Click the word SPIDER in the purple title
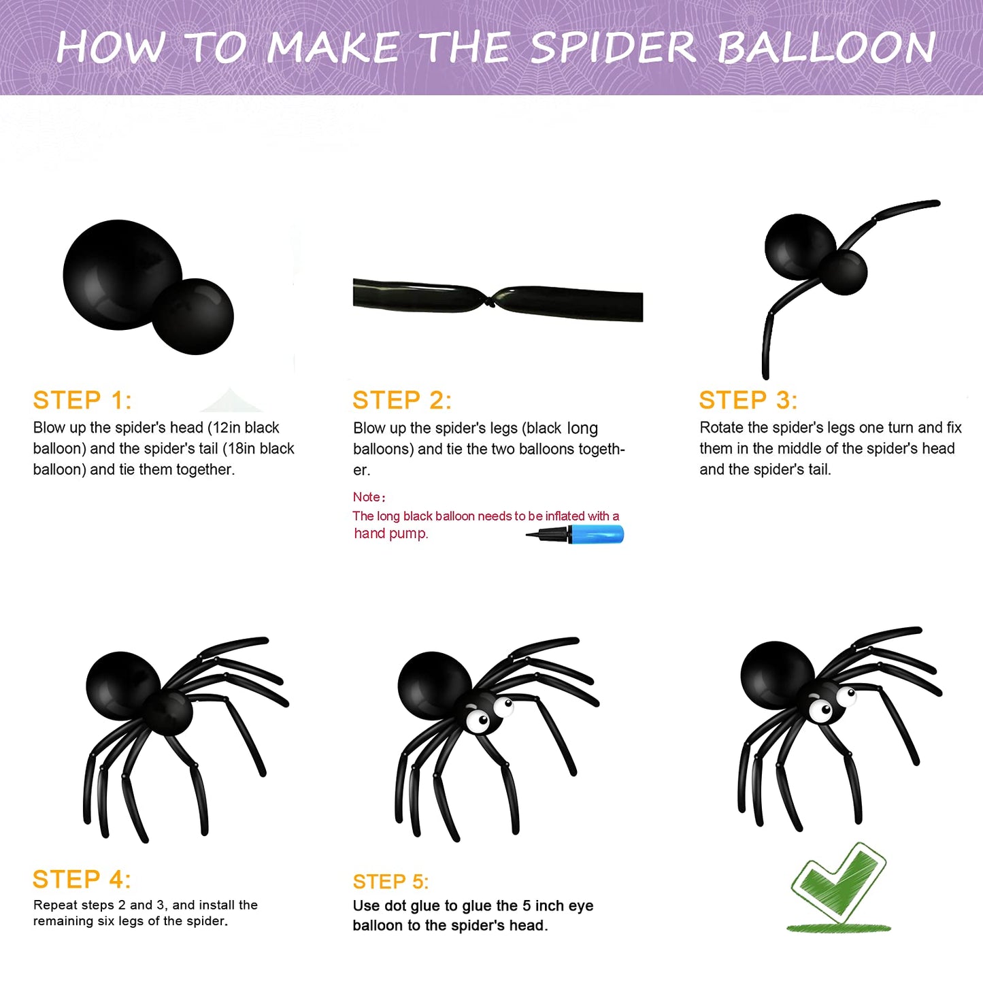pyautogui.click(x=614, y=48)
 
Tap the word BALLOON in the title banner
pyautogui.click(x=826, y=48)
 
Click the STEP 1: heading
pyautogui.click(x=82, y=401)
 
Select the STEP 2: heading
pyautogui.click(x=402, y=401)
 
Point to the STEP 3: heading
pyautogui.click(x=748, y=401)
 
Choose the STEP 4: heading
pyautogui.click(x=82, y=880)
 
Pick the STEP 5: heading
pyautogui.click(x=390, y=882)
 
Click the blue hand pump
pyautogui.click(x=575, y=534)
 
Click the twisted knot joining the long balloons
pyautogui.click(x=490, y=301)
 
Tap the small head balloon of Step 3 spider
pyautogui.click(x=844, y=271)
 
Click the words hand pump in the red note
pyautogui.click(x=391, y=533)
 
